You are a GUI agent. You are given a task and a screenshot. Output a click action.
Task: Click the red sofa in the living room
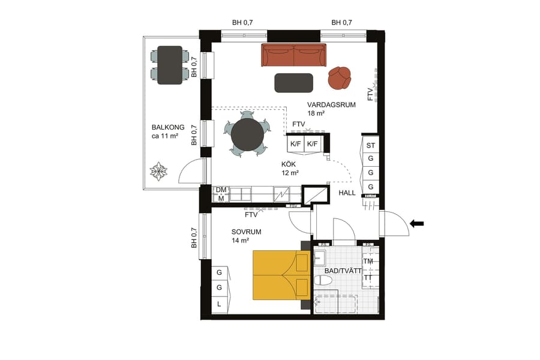click(x=293, y=55)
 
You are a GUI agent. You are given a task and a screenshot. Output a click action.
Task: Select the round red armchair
click(x=340, y=77)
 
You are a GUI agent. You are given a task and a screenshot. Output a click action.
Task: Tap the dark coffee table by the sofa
click(x=293, y=83)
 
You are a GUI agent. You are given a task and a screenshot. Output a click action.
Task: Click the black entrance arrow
click(x=416, y=224)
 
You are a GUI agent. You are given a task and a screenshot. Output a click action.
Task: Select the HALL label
click(x=347, y=193)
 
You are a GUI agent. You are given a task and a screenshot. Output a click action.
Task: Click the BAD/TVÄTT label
click(x=343, y=271)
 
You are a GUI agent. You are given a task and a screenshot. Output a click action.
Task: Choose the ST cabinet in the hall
click(x=370, y=145)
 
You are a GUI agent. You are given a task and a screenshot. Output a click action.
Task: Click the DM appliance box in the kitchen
click(x=221, y=190)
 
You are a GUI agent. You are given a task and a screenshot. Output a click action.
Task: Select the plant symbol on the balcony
click(x=158, y=172)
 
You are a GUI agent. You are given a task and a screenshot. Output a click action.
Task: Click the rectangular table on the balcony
click(x=170, y=64)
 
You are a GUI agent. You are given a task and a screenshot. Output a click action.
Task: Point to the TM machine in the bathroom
click(x=369, y=262)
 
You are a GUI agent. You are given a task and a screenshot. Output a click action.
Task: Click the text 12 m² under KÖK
click(x=290, y=173)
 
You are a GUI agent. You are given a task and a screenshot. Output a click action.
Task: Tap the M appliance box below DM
click(x=221, y=198)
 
